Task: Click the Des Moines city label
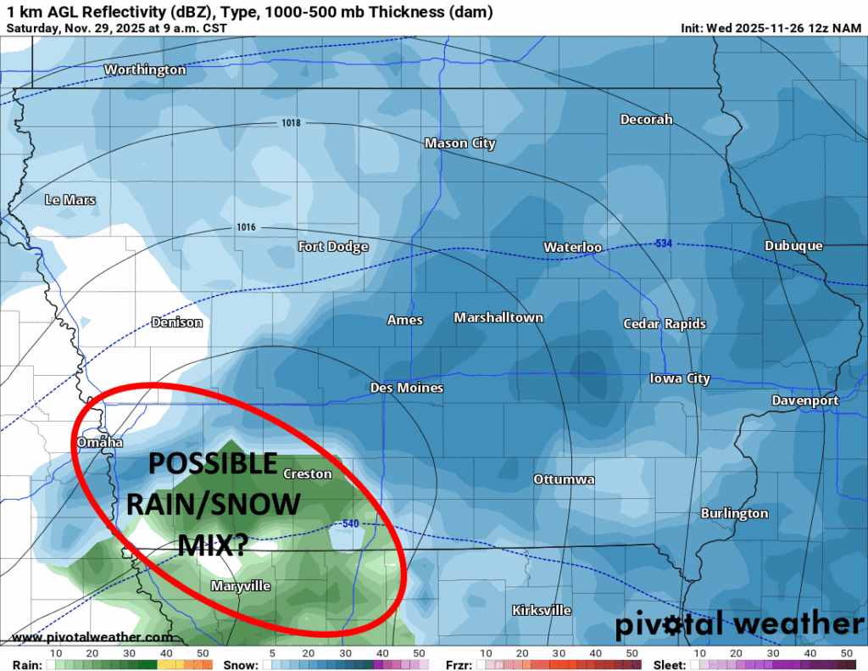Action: (x=407, y=388)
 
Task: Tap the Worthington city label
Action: (x=145, y=70)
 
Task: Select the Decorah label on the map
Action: (x=646, y=120)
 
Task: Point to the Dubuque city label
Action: (x=793, y=246)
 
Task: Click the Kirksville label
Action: (x=542, y=611)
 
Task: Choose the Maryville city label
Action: (x=240, y=586)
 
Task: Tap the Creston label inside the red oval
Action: (x=307, y=474)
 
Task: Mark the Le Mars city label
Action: (x=70, y=200)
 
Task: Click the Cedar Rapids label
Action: (x=665, y=324)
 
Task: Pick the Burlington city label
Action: (x=734, y=513)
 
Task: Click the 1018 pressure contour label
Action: (x=291, y=124)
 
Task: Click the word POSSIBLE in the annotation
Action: (x=214, y=464)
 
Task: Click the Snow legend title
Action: (x=241, y=664)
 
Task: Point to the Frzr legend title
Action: (x=459, y=664)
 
